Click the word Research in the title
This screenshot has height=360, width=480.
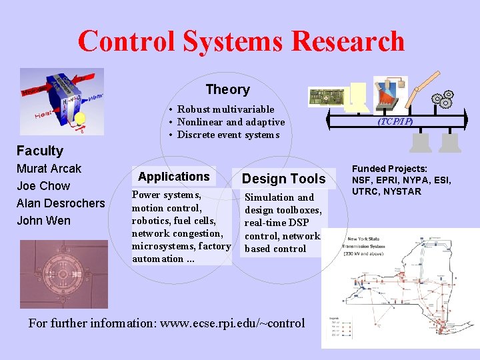pos(347,41)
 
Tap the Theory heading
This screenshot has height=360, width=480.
pos(227,89)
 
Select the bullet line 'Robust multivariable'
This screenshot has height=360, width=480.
pos(225,109)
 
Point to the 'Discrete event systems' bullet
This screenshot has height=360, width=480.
pos(228,135)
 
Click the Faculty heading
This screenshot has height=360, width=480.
pos(40,151)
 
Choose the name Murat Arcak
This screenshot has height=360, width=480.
pos(49,169)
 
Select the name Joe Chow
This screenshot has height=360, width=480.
pos(43,186)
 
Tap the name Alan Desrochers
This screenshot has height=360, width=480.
pos(61,203)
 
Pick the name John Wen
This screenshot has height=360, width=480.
pos(43,221)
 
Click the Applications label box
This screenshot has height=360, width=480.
pos(173,177)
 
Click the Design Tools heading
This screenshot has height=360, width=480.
pos(283,179)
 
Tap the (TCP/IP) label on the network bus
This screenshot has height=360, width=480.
pos(395,122)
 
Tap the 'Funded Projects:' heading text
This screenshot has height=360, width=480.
pos(389,169)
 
